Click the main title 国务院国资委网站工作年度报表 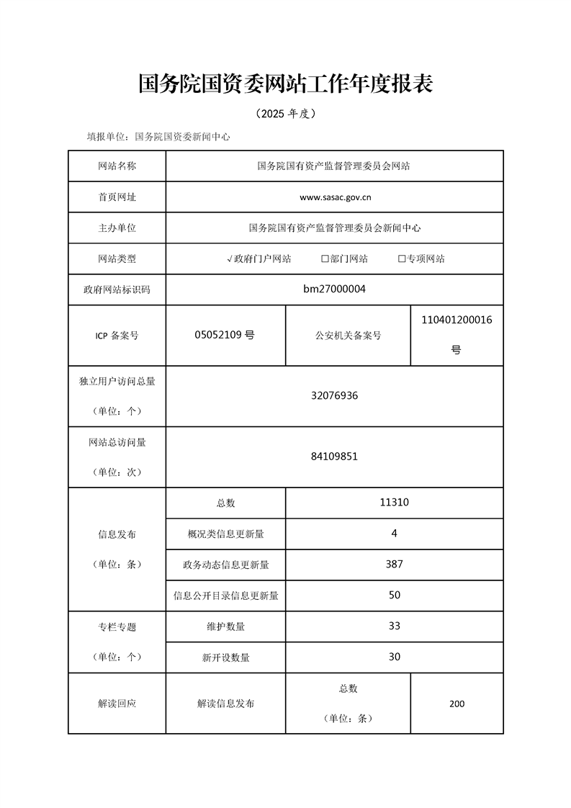[x=285, y=84]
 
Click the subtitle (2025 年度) [x=285, y=114]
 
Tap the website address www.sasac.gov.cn [x=335, y=197]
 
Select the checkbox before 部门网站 [x=325, y=259]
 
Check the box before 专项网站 [x=402, y=259]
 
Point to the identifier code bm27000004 [x=335, y=289]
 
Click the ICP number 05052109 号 [x=225, y=335]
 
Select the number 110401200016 [x=457, y=319]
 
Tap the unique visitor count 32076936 [x=335, y=395]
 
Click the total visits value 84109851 [x=335, y=457]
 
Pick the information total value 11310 [x=394, y=503]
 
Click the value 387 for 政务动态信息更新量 [x=394, y=564]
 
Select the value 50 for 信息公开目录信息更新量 [x=394, y=595]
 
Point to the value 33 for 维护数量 [x=394, y=626]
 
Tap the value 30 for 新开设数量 [x=394, y=657]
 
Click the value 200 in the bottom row [x=457, y=704]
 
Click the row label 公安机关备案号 [x=348, y=336]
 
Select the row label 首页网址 [x=117, y=197]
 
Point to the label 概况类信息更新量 [x=225, y=534]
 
